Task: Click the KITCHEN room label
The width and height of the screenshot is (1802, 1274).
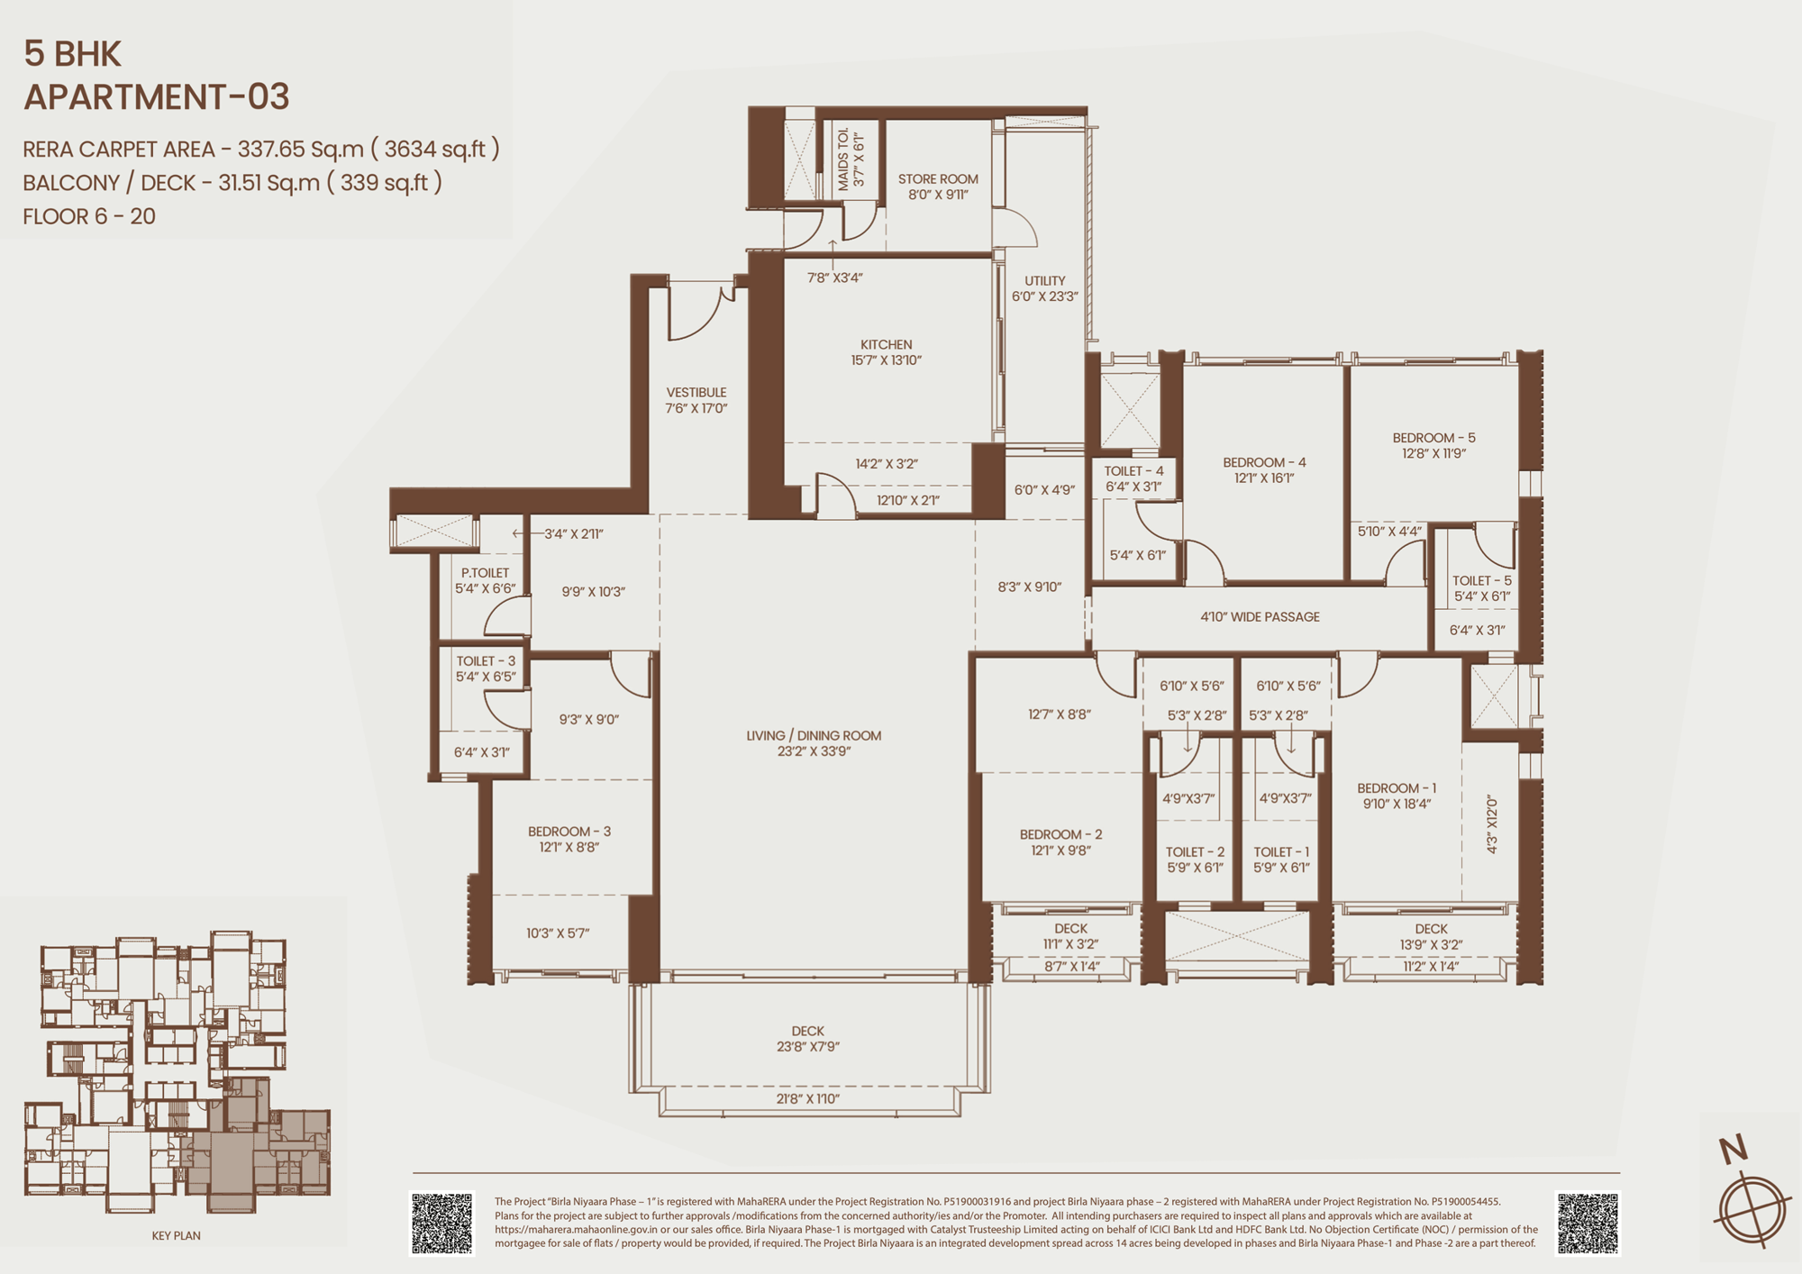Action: tap(887, 344)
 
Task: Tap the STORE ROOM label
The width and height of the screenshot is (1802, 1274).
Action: tap(938, 178)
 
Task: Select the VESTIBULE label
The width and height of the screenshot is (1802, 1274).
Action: tap(696, 392)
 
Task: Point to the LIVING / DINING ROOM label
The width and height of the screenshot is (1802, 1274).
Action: tap(814, 735)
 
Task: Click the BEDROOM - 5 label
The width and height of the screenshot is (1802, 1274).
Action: tap(1433, 438)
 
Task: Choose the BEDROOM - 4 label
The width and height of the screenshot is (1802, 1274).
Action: tap(1264, 462)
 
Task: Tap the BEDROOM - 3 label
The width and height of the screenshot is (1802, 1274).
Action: tap(569, 832)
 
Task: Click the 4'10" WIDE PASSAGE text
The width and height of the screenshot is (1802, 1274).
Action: tap(1260, 616)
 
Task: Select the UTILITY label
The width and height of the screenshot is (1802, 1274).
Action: tap(1044, 280)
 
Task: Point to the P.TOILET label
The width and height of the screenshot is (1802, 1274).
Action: tap(485, 572)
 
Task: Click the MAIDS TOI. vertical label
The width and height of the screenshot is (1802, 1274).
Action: tap(843, 159)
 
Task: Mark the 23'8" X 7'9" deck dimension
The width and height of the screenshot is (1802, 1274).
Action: tap(808, 1047)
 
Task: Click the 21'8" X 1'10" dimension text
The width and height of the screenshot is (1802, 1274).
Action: tap(808, 1098)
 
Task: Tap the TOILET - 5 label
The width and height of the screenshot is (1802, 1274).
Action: tap(1482, 580)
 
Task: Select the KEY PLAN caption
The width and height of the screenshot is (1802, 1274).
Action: tap(177, 1235)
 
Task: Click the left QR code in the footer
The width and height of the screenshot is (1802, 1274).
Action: tap(441, 1223)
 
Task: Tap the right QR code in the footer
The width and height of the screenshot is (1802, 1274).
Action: tap(1588, 1223)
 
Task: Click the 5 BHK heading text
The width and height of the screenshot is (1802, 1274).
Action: tap(72, 54)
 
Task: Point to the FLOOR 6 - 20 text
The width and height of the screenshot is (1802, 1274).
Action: tap(89, 216)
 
